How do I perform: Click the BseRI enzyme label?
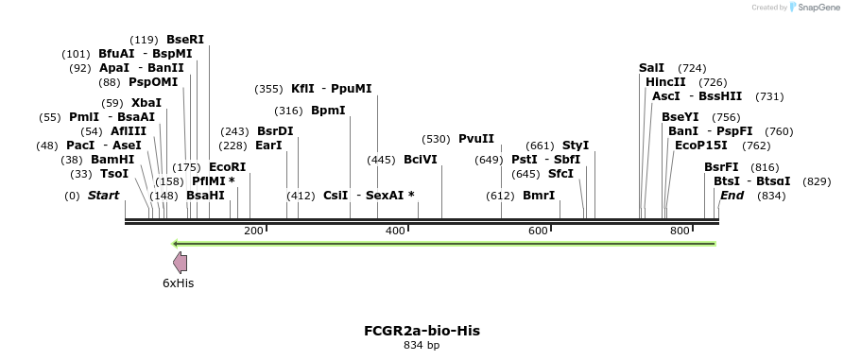[184, 40]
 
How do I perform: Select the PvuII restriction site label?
[476, 139]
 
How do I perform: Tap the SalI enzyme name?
[651, 68]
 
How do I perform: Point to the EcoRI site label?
[227, 166]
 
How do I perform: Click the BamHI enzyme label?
[112, 160]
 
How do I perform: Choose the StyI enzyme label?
[576, 146]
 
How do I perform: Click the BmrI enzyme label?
[539, 196]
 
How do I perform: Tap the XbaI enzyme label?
[146, 103]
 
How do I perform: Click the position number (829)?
[817, 181]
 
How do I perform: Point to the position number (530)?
[436, 139]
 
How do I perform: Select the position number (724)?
[692, 68]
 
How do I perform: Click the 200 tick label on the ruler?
[253, 231]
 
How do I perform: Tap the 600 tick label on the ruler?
[538, 231]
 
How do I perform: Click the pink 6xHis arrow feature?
[179, 263]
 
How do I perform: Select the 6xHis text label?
[178, 283]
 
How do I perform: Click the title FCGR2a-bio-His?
[422, 331]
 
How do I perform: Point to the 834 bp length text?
[422, 346]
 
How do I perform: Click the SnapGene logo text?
[815, 7]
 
